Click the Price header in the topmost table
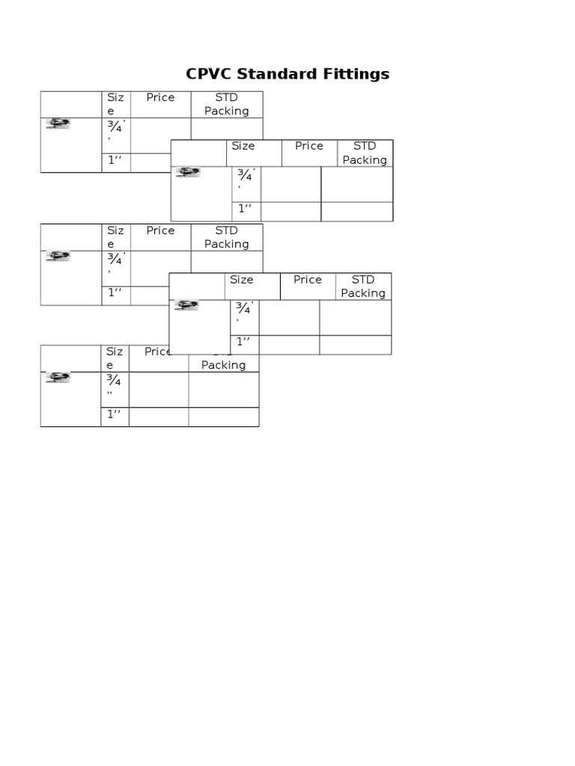click(160, 97)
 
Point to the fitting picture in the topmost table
click(58, 124)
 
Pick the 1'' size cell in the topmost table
click(115, 160)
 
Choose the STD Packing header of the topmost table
click(226, 104)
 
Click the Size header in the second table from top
click(243, 146)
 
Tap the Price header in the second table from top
click(308, 146)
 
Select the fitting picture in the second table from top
click(188, 173)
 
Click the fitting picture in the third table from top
click(58, 257)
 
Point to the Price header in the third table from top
click(160, 230)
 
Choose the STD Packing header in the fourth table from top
click(363, 287)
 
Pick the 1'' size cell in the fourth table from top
click(244, 342)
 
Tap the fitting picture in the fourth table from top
click(186, 305)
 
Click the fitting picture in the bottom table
click(58, 378)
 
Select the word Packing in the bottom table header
click(223, 365)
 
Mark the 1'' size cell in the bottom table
click(115, 414)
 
